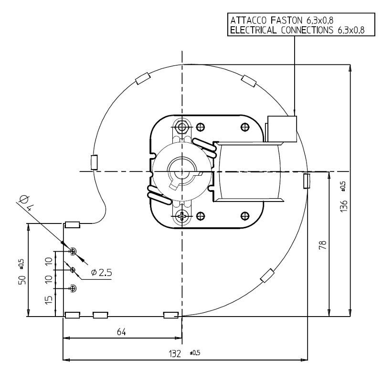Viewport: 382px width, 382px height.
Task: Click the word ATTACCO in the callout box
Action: pos(247,21)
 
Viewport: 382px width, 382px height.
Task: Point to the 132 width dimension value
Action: pos(176,354)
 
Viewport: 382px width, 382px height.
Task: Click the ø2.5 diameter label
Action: pos(101,273)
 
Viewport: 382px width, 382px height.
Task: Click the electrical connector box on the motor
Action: pos(282,129)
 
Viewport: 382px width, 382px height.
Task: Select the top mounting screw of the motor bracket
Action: pos(181,127)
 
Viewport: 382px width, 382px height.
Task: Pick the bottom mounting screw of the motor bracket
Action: pos(182,216)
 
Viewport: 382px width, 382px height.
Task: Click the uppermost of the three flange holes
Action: pos(73,251)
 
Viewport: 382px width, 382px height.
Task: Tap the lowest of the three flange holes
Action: pos(73,288)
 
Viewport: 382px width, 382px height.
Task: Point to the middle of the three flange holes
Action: pos(73,270)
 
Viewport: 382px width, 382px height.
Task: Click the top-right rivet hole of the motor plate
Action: pos(245,127)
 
